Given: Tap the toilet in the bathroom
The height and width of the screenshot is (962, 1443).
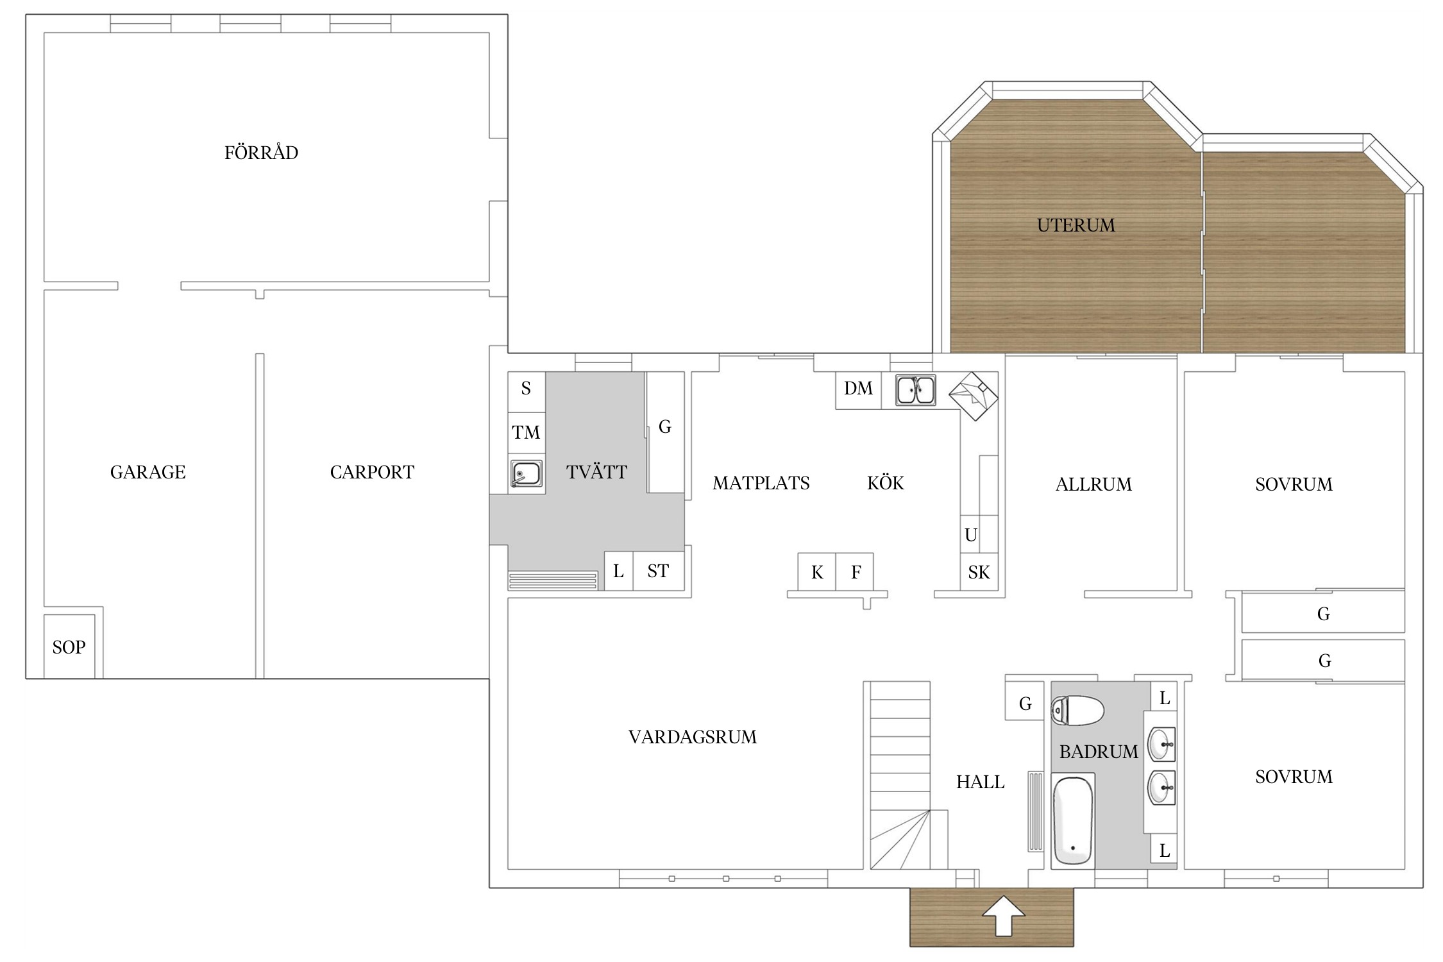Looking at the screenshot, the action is click(1077, 711).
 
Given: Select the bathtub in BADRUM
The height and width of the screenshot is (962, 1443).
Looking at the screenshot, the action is click(1073, 820).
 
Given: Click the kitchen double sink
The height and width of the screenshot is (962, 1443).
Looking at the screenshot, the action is click(915, 390).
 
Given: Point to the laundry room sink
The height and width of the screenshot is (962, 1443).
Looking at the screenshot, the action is click(526, 475).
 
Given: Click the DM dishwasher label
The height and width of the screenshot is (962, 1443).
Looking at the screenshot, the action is click(858, 389).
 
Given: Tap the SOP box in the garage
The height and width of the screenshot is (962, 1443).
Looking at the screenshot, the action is click(69, 646).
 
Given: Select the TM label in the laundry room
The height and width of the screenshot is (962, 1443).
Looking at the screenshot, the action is click(526, 432).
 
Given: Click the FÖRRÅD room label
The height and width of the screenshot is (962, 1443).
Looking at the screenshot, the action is click(261, 152).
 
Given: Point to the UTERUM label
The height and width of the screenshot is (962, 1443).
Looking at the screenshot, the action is click(1076, 225).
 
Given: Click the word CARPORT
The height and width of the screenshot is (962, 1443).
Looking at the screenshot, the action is click(372, 473).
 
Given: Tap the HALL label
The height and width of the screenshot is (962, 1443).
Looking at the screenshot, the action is click(980, 782).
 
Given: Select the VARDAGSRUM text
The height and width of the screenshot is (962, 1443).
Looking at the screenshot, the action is click(693, 737).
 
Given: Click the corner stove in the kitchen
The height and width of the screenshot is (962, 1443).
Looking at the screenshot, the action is click(974, 396).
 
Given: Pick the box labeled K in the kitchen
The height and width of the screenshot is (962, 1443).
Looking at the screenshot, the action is click(816, 571).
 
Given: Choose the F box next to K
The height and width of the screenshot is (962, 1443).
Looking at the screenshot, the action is click(854, 571).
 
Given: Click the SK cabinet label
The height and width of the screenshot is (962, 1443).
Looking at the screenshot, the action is click(979, 572).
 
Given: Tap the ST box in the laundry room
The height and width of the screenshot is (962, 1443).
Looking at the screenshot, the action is click(659, 571).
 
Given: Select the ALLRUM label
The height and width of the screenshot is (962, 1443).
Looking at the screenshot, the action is click(1093, 484).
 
